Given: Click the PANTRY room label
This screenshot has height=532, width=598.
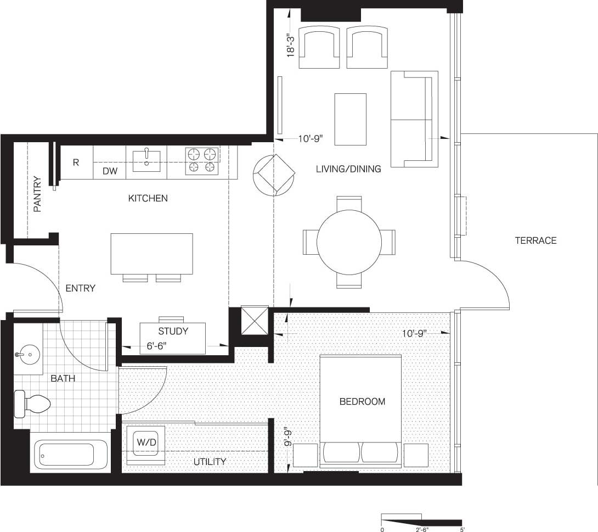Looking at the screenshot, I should click(37, 194).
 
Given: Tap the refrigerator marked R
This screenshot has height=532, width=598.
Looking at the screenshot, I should click(76, 162).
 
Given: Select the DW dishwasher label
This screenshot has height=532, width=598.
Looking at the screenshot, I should click(110, 171).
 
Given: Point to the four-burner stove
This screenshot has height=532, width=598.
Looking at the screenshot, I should click(202, 161).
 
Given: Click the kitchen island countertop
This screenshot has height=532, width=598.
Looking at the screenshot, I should click(151, 253).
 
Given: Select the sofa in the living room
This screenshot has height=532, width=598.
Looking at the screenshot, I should click(414, 119).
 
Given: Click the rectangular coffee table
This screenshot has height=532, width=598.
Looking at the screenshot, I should click(350, 119).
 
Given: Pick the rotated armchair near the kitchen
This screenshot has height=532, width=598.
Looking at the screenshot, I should click(273, 175).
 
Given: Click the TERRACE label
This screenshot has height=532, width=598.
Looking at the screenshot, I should click(535, 240).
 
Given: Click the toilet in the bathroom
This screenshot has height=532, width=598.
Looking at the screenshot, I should click(33, 404).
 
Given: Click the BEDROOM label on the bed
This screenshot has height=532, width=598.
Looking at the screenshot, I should click(362, 401).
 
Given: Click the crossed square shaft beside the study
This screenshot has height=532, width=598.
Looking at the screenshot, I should click(255, 320).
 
